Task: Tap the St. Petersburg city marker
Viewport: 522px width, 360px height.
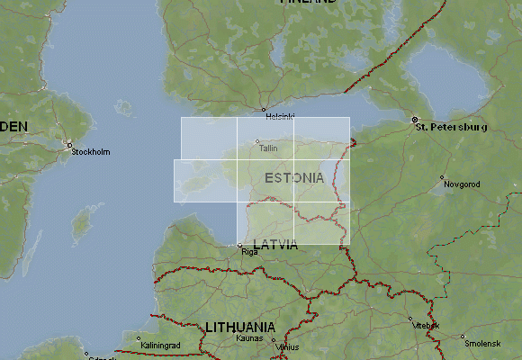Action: pyautogui.click(x=415, y=119)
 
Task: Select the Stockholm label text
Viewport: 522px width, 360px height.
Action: pyautogui.click(x=91, y=152)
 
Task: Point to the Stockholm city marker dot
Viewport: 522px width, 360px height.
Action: pyautogui.click(x=69, y=144)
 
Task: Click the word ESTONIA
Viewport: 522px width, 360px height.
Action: pyautogui.click(x=294, y=178)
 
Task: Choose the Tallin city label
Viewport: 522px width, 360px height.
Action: pyautogui.click(x=268, y=148)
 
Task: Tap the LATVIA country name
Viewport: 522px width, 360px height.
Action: pyautogui.click(x=274, y=245)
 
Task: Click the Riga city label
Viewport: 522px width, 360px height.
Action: pyautogui.click(x=249, y=253)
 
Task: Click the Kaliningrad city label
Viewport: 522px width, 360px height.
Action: pyautogui.click(x=161, y=345)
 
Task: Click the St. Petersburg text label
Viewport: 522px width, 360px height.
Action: pyautogui.click(x=452, y=128)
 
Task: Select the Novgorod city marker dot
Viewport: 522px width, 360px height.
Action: pyautogui.click(x=441, y=177)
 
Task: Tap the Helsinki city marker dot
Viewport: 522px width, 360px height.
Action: pyautogui.click(x=264, y=110)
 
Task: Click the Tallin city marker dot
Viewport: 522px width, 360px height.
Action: pyautogui.click(x=257, y=140)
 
